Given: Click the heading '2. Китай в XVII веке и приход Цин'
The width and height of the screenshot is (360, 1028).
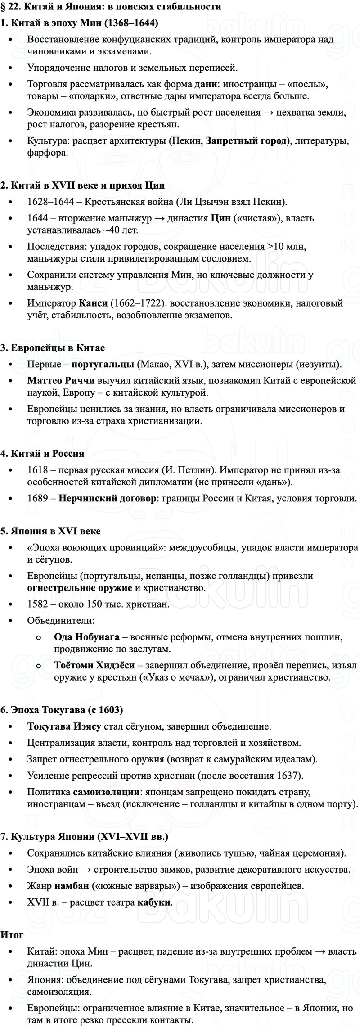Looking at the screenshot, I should [x=83, y=185].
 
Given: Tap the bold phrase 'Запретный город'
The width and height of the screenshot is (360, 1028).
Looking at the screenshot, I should [x=246, y=141].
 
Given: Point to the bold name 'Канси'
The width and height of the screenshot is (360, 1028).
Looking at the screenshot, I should [x=93, y=303].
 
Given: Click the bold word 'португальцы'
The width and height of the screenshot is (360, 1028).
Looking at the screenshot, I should [x=103, y=364].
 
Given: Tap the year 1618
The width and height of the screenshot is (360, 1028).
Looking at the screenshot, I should [x=37, y=470].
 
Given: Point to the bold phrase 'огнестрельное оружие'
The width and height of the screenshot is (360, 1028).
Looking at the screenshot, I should [x=80, y=588].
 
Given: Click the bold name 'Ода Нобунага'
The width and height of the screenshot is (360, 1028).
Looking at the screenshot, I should [x=86, y=637].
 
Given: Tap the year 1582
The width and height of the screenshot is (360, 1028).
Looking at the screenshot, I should [x=37, y=604].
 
